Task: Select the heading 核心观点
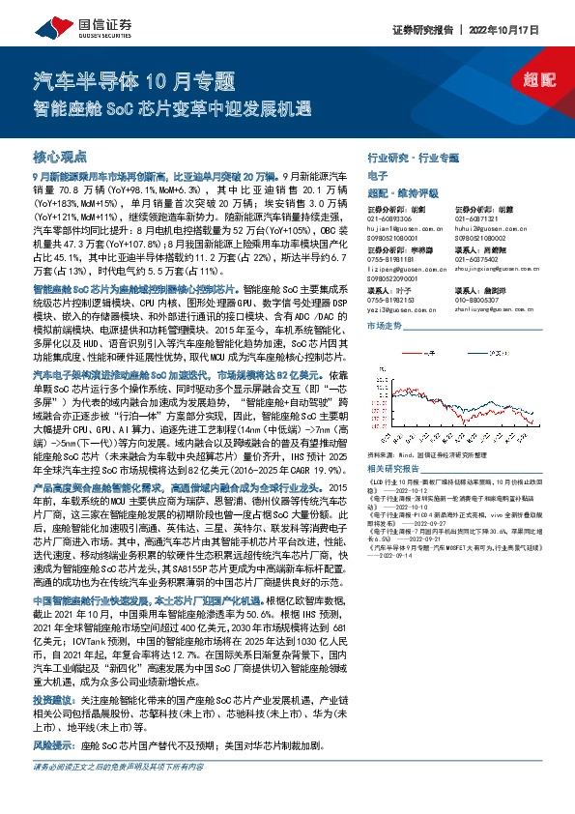59,156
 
